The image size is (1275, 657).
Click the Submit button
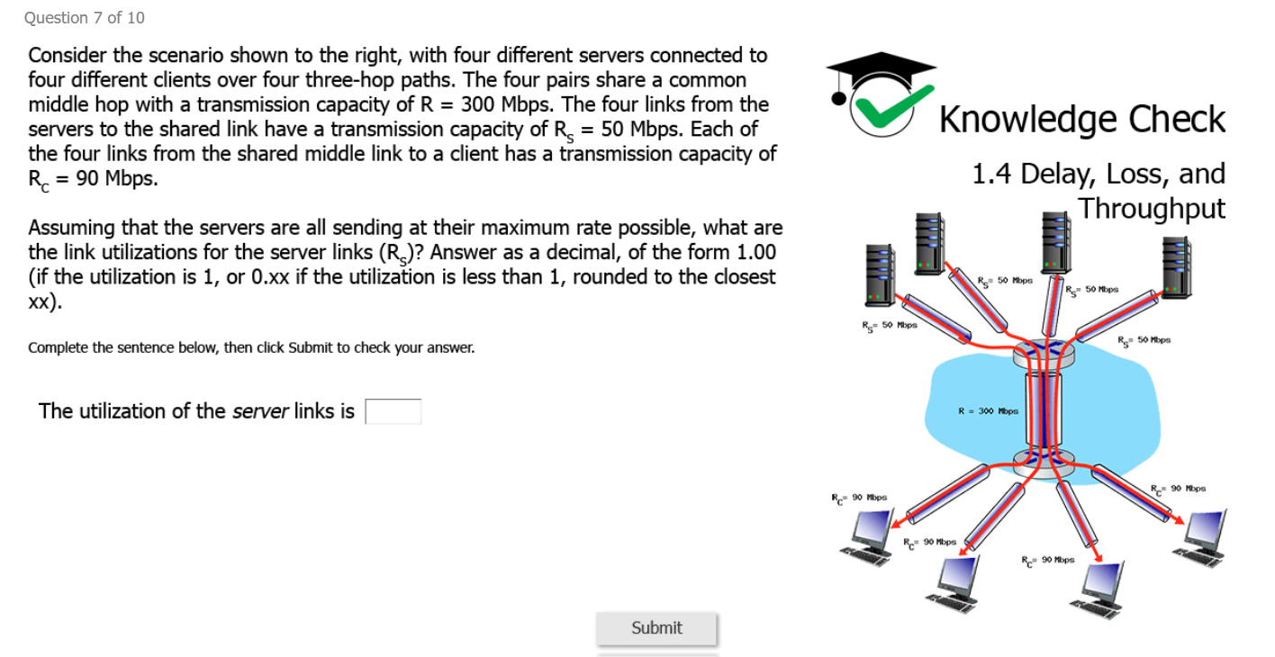[x=656, y=628]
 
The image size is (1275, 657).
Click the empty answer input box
[x=393, y=411]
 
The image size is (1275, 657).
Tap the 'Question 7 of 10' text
[x=85, y=18]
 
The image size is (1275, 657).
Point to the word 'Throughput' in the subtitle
[x=1153, y=208]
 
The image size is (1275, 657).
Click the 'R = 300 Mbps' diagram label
[x=988, y=411]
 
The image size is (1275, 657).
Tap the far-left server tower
[x=879, y=273]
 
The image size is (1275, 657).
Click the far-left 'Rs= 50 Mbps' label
[x=890, y=325]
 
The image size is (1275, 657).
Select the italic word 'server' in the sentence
[x=260, y=411]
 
